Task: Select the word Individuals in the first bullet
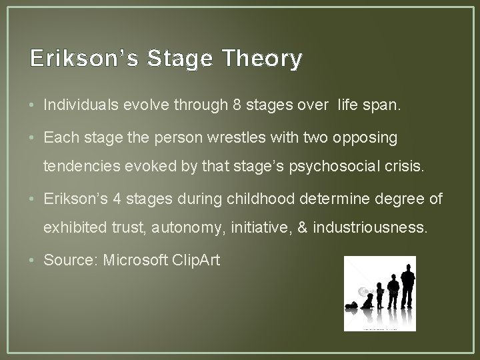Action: click(x=75, y=105)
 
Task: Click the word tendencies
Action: click(x=75, y=166)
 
